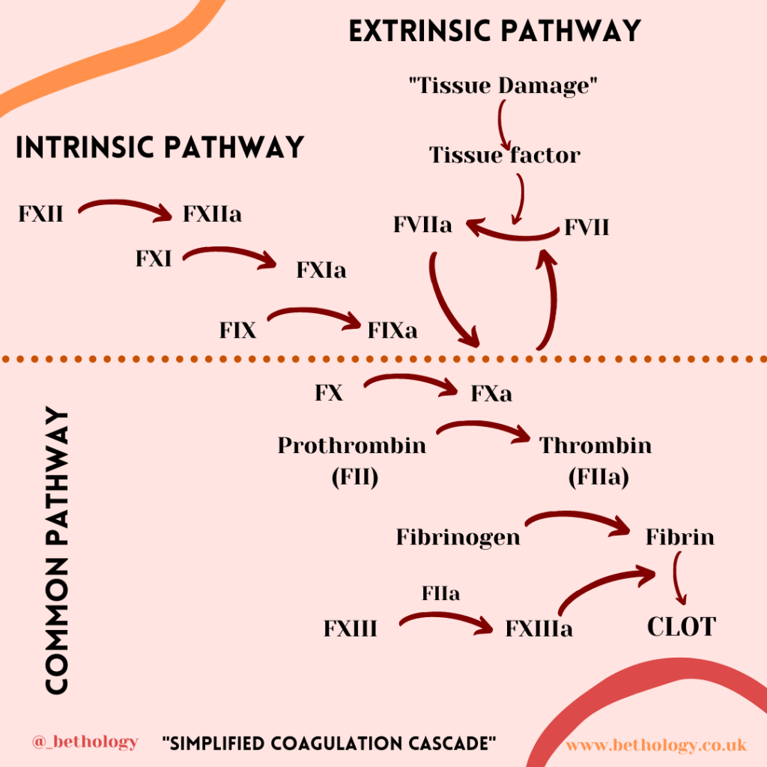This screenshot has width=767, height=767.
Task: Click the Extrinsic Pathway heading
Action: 494,31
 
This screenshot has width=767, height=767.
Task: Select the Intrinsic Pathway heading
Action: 160,147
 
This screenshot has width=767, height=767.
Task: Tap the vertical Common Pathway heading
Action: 57,551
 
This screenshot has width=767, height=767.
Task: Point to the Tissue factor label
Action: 504,155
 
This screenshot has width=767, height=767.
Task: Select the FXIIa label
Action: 212,215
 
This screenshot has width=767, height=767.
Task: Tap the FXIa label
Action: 321,270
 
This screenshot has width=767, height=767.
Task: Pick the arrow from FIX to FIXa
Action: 315,316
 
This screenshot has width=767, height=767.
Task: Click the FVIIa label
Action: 422,225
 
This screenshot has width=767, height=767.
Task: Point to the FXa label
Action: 491,393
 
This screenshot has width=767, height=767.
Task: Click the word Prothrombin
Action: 351,446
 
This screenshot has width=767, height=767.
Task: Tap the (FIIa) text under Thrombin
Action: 597,477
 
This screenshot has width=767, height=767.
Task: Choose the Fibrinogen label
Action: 458,537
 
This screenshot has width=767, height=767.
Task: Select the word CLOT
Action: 682,626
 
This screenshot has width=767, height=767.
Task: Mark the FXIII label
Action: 350,628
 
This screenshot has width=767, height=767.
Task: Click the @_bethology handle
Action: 85,742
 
